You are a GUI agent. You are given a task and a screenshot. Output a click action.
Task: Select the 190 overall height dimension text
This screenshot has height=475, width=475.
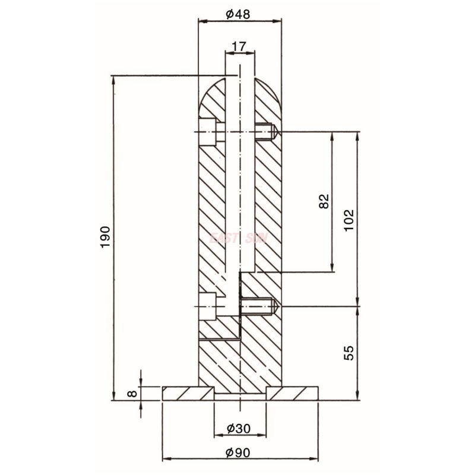pos(105,237)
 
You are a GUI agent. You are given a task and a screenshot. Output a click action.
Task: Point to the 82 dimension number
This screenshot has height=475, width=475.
pos(324,202)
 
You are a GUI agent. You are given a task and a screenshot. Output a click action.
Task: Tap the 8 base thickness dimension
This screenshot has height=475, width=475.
pos(134,393)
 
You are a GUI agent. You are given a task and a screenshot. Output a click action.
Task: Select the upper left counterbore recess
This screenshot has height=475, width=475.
pos(207,131)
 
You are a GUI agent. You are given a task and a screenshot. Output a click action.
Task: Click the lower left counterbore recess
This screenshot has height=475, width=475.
pos(207,306)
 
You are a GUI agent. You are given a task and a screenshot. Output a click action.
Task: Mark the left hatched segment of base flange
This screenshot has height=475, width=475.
pos(187,393)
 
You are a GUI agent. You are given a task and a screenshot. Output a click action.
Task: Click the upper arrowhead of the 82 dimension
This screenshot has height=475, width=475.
pos(331,135)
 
